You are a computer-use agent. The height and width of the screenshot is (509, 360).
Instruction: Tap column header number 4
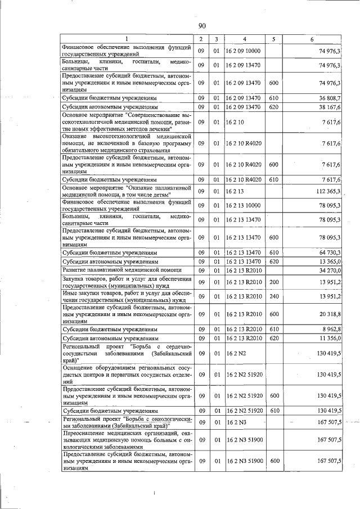245,38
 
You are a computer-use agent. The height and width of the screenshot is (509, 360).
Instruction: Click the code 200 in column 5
274,282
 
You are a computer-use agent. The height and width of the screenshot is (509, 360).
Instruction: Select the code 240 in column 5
274,296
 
